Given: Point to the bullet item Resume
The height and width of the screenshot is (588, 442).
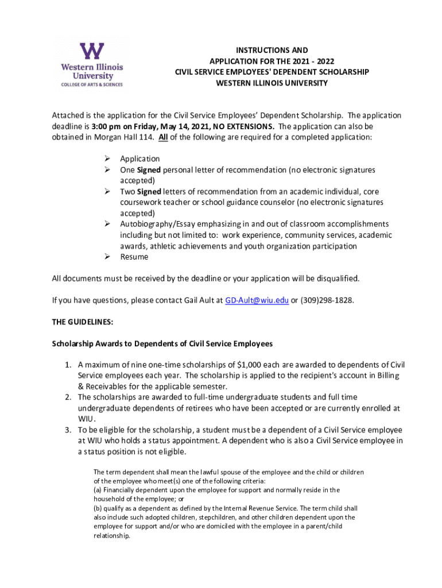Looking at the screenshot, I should [x=134, y=257].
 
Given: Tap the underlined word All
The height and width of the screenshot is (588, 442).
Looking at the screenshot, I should [x=164, y=137].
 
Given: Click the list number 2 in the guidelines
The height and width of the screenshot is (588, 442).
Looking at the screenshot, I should [x=67, y=397].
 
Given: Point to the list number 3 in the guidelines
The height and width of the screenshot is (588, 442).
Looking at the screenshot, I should [x=67, y=430].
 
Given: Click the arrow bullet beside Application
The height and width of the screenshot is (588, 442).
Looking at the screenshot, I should [x=106, y=159].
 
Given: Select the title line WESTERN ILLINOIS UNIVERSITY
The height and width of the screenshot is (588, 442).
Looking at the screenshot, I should [x=272, y=83].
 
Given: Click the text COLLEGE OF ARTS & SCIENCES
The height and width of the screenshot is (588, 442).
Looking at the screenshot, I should [x=92, y=84].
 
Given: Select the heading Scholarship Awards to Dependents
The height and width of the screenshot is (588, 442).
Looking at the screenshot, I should [x=162, y=344].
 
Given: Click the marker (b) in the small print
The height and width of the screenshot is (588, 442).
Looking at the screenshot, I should [x=98, y=509].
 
